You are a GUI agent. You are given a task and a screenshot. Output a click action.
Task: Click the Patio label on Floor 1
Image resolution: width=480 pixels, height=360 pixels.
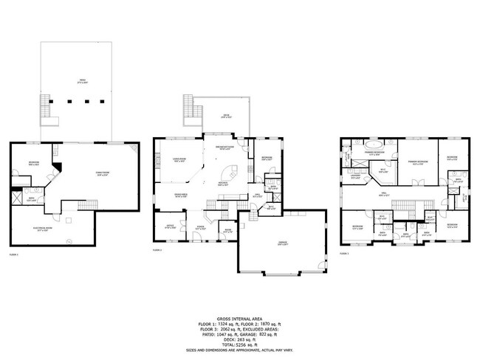(x=72, y=82)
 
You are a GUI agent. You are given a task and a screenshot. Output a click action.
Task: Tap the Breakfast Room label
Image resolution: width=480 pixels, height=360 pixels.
(x=225, y=149)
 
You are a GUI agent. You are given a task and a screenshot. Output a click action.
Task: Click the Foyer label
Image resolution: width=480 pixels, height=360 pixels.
(x=200, y=227)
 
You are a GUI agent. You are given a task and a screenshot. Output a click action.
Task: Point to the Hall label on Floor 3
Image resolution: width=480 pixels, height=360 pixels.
(x=384, y=194)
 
